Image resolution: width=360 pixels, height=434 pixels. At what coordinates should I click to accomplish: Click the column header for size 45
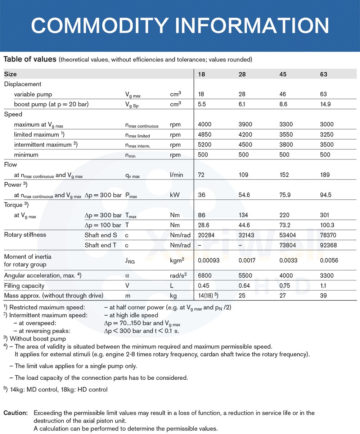pyautogui.click(x=283, y=74)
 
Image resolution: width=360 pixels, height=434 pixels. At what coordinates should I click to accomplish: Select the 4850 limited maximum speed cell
pyautogui.click(x=205, y=135)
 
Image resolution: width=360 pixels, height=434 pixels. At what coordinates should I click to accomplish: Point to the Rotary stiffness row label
pyautogui.click(x=25, y=235)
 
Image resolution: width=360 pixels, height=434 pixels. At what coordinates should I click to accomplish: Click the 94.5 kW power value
pyautogui.click(x=325, y=195)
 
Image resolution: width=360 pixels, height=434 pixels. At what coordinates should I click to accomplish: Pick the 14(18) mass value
pyautogui.click(x=208, y=296)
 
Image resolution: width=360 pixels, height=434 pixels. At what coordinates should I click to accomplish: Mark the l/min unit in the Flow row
pyautogui.click(x=176, y=175)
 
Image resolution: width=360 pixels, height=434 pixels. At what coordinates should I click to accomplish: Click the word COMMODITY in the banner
pyautogui.click(x=97, y=25)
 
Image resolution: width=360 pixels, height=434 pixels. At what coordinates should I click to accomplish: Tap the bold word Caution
pyautogui.click(x=15, y=413)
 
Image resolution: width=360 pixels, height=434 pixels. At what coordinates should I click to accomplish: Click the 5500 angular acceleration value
pyautogui.click(x=246, y=276)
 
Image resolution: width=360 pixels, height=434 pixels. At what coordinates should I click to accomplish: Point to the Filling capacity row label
pyautogui.click(x=24, y=286)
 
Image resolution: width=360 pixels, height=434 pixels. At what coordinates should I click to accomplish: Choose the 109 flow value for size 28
pyautogui.click(x=243, y=175)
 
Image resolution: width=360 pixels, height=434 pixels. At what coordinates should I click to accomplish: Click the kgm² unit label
pyautogui.click(x=177, y=260)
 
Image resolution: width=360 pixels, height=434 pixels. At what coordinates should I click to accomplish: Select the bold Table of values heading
pyautogui.click(x=30, y=59)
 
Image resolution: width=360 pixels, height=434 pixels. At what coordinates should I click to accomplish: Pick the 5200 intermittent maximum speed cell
pyautogui.click(x=205, y=145)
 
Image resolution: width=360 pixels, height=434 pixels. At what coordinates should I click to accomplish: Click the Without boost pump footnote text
pyautogui.click(x=38, y=339)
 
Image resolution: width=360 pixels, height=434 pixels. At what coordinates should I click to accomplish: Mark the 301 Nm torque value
pyautogui.click(x=324, y=215)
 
